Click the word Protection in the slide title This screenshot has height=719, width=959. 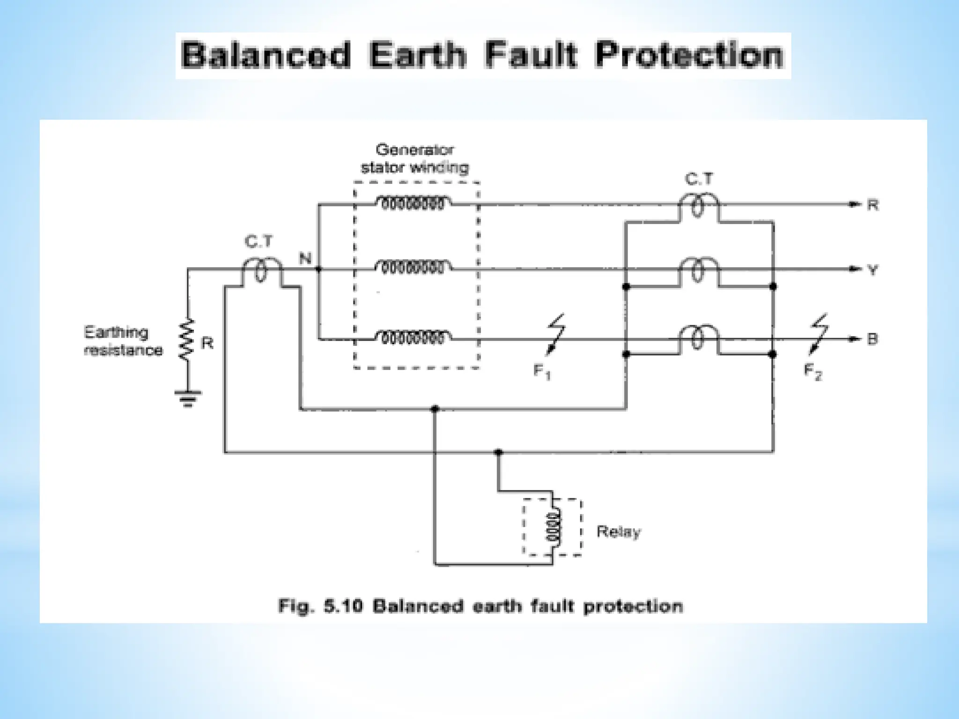(689, 55)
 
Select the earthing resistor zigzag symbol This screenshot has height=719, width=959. (187, 339)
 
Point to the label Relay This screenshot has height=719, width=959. (618, 532)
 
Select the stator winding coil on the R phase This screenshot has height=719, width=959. (413, 203)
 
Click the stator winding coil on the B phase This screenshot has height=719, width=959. (413, 337)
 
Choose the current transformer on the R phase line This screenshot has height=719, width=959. (698, 205)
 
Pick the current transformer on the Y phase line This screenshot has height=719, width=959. (698, 270)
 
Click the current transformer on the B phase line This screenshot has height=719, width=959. (698, 338)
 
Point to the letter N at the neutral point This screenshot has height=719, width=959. (305, 258)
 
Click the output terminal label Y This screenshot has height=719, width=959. (873, 270)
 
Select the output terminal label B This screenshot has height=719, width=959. (872, 339)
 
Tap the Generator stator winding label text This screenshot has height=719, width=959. (415, 159)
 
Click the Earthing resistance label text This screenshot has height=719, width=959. (123, 341)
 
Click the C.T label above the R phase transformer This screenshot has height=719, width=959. (699, 179)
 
